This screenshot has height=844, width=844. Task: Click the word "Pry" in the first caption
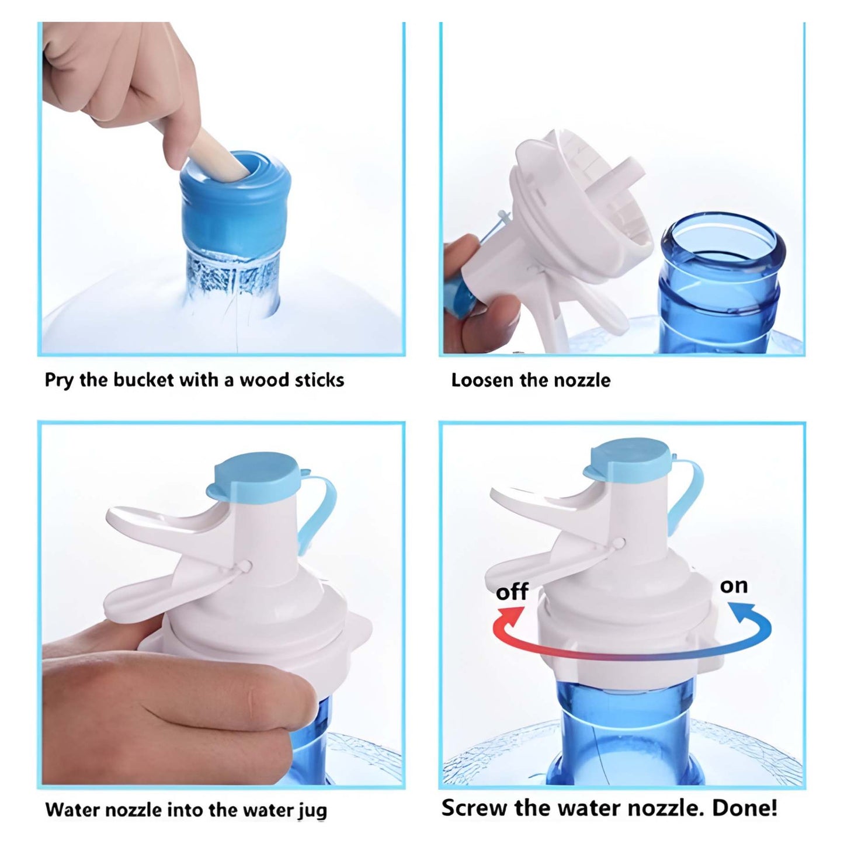(59, 381)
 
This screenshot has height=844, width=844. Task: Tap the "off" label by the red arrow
(512, 592)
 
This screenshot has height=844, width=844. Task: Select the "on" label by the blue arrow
(734, 585)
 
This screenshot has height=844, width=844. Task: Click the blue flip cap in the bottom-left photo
(257, 477)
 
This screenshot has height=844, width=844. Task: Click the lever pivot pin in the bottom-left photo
(246, 565)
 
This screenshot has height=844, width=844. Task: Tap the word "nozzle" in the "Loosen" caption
(582, 380)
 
